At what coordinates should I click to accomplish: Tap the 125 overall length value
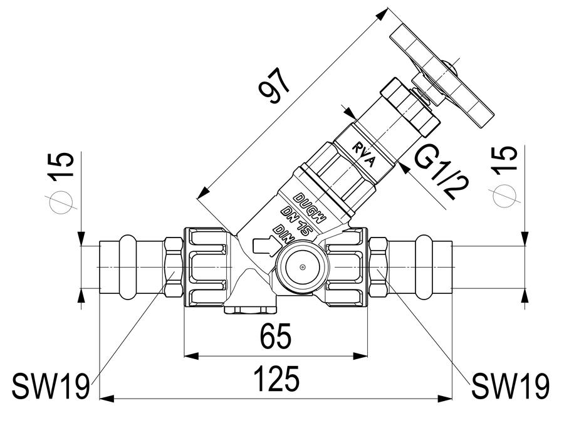click(x=276, y=379)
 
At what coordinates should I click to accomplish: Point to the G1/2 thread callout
click(x=442, y=174)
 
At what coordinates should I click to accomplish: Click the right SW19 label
click(x=510, y=386)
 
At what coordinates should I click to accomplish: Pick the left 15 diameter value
click(x=61, y=166)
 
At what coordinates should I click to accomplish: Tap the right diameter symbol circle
click(x=504, y=196)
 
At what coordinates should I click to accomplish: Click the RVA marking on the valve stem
click(x=363, y=155)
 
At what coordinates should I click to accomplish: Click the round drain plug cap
click(x=302, y=266)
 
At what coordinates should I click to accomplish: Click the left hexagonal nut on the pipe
click(x=174, y=267)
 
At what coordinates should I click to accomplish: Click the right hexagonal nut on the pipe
click(x=379, y=267)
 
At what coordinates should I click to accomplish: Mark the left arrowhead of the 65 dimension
click(x=191, y=356)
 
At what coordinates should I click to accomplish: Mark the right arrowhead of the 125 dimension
click(x=444, y=398)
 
